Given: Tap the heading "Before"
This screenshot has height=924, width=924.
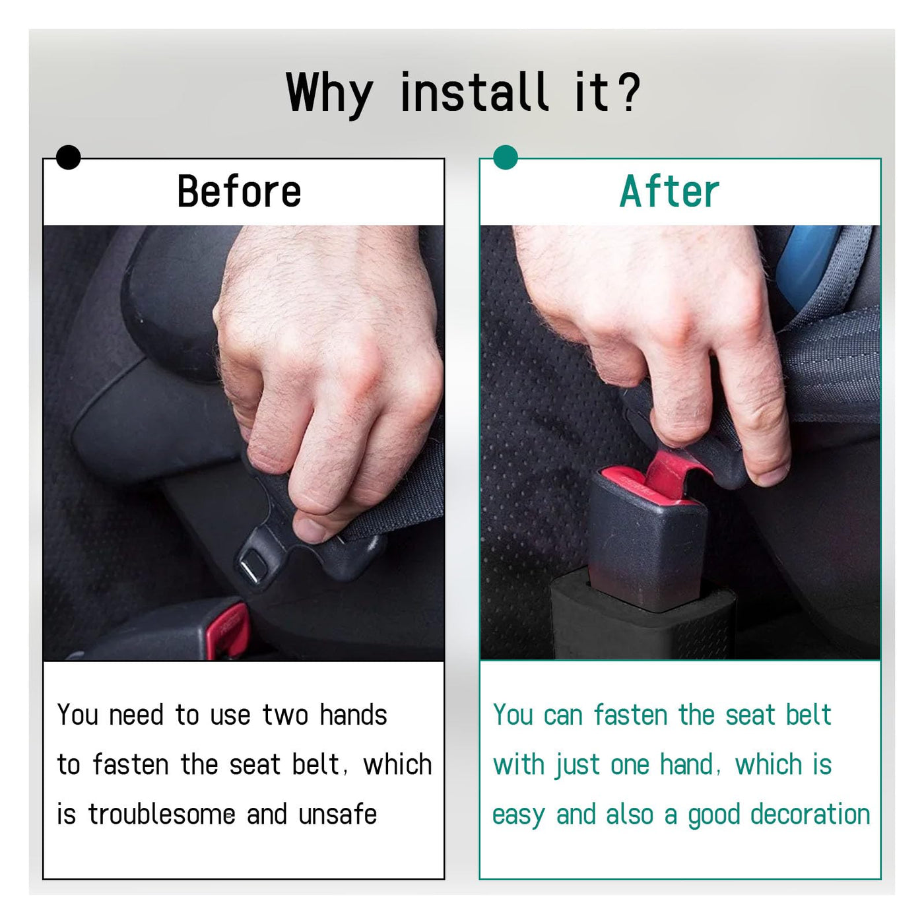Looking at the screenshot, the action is point(239,191).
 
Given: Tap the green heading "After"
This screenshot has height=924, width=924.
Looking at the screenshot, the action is point(669,191).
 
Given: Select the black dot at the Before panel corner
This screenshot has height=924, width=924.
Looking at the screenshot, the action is point(68,157).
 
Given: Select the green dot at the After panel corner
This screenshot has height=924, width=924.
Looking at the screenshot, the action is point(506,157).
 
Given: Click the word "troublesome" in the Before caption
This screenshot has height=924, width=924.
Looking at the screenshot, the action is point(162,814).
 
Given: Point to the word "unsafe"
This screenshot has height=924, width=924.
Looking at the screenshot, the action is point(337,814).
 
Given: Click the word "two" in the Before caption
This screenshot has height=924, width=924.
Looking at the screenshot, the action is point(285,716).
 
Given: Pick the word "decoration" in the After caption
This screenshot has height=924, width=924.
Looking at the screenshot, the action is point(810,814).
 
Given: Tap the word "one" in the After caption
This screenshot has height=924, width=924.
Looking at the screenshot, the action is point(630,766).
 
